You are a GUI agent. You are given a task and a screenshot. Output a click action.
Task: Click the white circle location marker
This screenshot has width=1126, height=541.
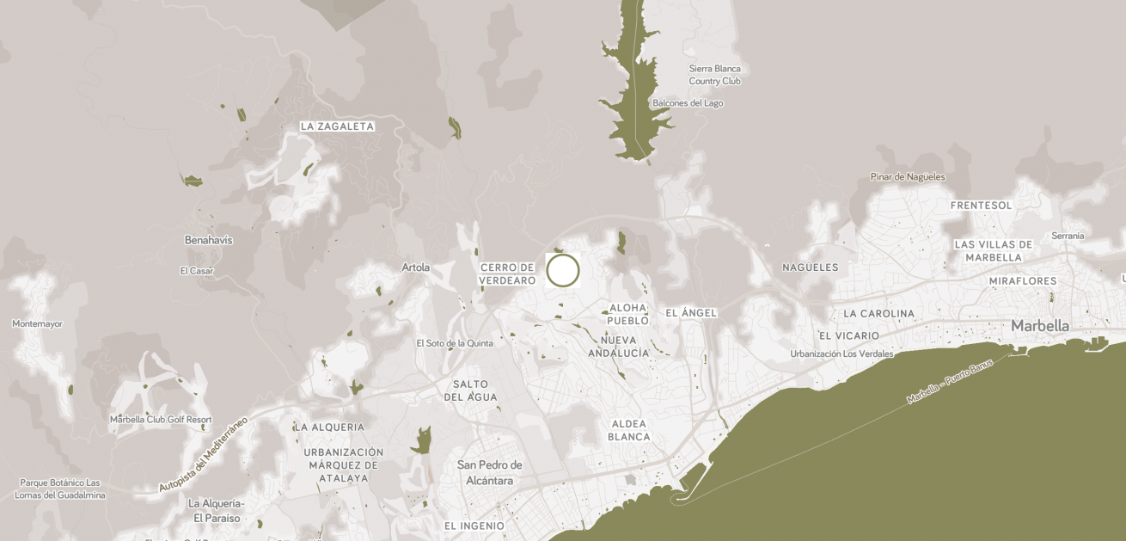click(563, 270)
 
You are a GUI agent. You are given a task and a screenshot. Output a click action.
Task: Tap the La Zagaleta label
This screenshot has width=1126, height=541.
click(337, 126)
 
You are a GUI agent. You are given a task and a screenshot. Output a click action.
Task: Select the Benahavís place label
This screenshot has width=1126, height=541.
click(208, 240)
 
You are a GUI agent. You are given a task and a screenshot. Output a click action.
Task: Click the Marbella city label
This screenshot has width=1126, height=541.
click(1040, 326)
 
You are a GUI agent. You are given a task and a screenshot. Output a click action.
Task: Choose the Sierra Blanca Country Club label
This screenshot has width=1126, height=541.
click(714, 75)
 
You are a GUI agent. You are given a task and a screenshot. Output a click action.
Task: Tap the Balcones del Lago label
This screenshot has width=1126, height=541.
click(688, 103)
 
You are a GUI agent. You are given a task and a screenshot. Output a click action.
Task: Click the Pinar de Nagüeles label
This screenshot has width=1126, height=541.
click(907, 177)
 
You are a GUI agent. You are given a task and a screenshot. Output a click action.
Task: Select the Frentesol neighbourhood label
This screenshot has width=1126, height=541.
click(981, 206)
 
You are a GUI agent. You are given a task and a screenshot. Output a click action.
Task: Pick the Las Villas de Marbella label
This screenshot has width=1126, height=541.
click(993, 250)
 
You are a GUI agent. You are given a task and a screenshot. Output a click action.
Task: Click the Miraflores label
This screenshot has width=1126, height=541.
click(1022, 281)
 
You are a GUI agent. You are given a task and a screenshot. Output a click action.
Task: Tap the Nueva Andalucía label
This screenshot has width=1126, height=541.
click(619, 346)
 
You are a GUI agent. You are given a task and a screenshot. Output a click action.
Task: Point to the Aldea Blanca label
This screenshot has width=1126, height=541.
click(629, 430)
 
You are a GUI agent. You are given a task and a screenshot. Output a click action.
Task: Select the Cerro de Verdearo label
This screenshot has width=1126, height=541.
click(508, 274)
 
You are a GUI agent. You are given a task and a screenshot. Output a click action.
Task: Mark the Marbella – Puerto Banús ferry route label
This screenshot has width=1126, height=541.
click(949, 382)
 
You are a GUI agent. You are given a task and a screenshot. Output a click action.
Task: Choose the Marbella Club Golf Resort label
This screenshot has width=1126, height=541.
click(161, 420)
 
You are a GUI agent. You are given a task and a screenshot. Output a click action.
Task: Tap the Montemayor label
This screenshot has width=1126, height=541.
click(37, 324)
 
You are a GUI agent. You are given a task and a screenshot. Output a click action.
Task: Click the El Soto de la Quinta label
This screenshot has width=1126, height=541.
click(455, 343)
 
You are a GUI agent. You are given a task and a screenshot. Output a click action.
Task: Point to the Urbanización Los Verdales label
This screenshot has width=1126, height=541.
click(841, 353)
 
